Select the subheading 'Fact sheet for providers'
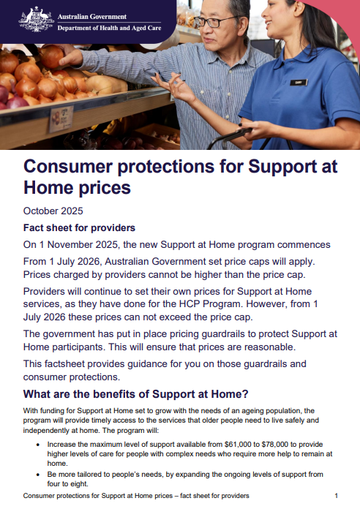(80, 227)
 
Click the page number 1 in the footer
(336, 496)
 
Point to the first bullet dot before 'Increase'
(39, 444)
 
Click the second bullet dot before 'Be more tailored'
(39, 475)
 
